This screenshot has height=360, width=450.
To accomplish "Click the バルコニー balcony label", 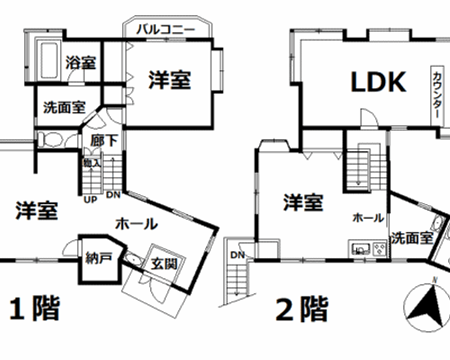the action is [166, 30].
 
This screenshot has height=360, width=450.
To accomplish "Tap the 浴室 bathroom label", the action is [81, 63].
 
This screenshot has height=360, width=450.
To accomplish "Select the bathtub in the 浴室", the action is [49, 60].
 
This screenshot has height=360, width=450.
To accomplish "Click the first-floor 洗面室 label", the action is [64, 107].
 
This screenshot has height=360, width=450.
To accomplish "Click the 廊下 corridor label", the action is [104, 140].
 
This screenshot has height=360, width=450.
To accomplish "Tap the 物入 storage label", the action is [92, 163].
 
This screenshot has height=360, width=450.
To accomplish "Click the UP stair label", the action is [90, 200].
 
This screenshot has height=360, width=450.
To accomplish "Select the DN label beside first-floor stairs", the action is [113, 195].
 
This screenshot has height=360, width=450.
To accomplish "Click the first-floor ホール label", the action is [137, 224].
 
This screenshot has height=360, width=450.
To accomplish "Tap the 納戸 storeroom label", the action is [99, 258].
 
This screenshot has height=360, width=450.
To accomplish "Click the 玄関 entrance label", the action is [164, 264].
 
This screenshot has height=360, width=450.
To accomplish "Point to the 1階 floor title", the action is [35, 309].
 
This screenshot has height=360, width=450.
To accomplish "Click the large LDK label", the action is [379, 82].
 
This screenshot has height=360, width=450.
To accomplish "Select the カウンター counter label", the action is [436, 95].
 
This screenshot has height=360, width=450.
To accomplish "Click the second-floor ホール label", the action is [368, 218].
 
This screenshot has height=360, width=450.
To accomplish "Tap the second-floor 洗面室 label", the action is [412, 238].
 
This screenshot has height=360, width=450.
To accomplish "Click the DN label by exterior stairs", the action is [238, 256].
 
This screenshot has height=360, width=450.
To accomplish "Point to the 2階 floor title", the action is [301, 309].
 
